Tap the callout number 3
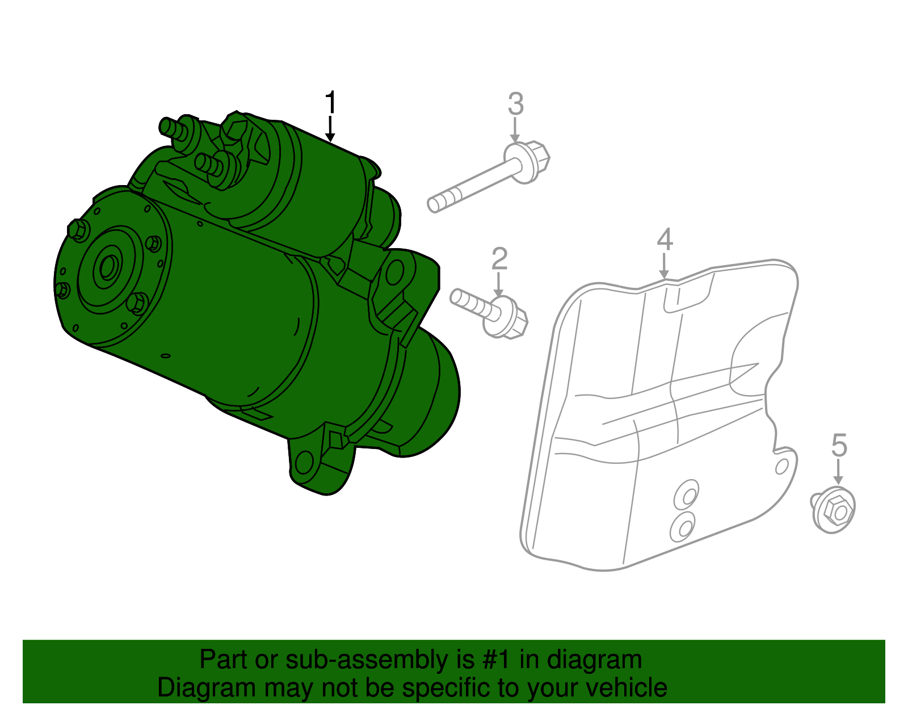pyautogui.click(x=515, y=104)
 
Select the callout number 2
pyautogui.click(x=499, y=259)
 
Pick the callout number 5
pyautogui.click(x=839, y=444)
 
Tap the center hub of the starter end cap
pyautogui.click(x=108, y=267)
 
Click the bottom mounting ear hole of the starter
pyautogui.click(x=305, y=462)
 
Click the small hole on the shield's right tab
pyautogui.click(x=781, y=466)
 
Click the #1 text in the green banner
pyautogui.click(x=498, y=660)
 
